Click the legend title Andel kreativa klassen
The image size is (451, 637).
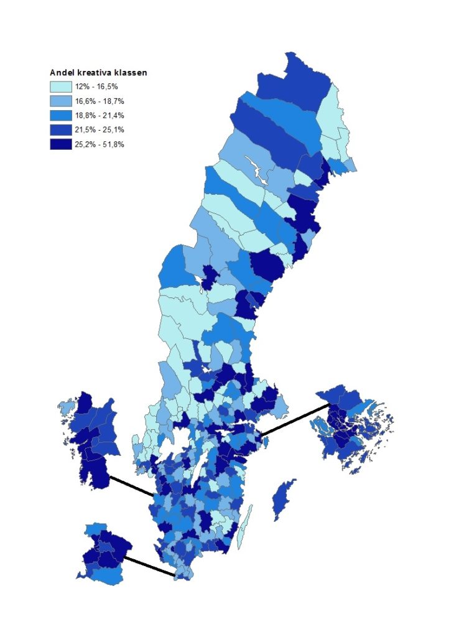click(98, 73)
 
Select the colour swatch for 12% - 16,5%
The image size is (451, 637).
click(61, 87)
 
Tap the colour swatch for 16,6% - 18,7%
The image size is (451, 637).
click(61, 101)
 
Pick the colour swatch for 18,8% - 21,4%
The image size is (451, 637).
click(61, 116)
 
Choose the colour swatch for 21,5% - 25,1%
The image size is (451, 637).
click(61, 130)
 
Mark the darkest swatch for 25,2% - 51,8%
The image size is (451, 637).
click(61, 144)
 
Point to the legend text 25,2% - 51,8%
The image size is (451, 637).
click(103, 144)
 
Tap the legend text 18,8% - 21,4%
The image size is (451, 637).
click(103, 116)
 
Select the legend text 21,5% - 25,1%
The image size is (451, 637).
click(103, 130)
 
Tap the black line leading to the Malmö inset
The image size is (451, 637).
click(149, 566)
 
